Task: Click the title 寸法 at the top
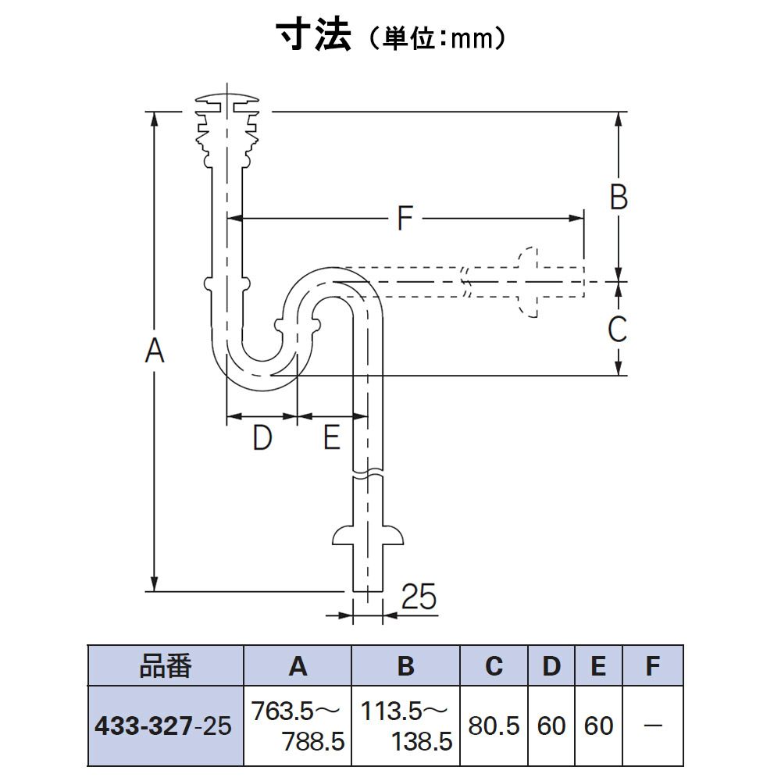point(312,35)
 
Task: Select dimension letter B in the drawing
point(618,198)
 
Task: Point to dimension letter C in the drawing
point(617,329)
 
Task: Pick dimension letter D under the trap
point(262,438)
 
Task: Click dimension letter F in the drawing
point(404,219)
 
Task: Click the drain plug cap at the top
point(227,101)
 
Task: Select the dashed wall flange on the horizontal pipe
point(529,282)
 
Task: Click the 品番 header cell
point(166,666)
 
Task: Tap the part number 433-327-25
point(162,727)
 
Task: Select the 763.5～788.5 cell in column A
point(298,726)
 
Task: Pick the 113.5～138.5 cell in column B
point(405,726)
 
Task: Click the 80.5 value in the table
point(494,726)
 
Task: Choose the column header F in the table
point(653,666)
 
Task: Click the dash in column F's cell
point(653,727)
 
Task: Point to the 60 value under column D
point(551,726)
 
